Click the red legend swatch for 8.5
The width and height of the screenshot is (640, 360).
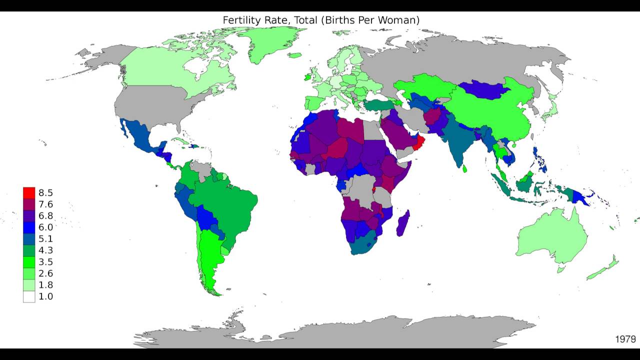[x=29, y=192]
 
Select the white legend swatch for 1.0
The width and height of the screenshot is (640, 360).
[x=29, y=296]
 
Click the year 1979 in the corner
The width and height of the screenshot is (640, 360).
[x=625, y=339]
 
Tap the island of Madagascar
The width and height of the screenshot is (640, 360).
[x=403, y=224]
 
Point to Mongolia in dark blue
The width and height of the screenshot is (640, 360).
[x=482, y=89]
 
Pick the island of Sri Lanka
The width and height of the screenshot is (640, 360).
[x=464, y=169]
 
